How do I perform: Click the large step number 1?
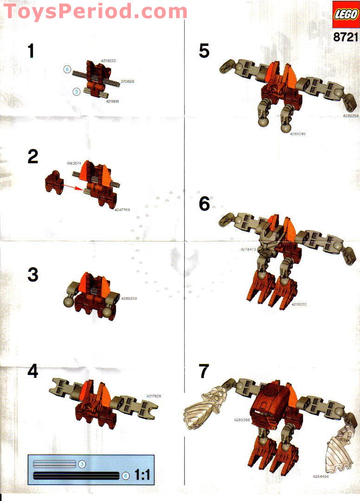[31, 51]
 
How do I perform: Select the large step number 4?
[32, 372]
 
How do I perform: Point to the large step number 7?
[204, 372]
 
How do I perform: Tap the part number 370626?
[127, 81]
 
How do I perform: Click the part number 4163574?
[74, 163]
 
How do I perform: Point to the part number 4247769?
[122, 210]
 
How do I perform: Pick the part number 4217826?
[153, 396]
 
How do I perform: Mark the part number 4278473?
[248, 250]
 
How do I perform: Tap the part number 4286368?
[241, 419]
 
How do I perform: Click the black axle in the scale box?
[76, 475]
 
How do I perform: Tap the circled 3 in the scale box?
[81, 464]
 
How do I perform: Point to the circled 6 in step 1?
[67, 70]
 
